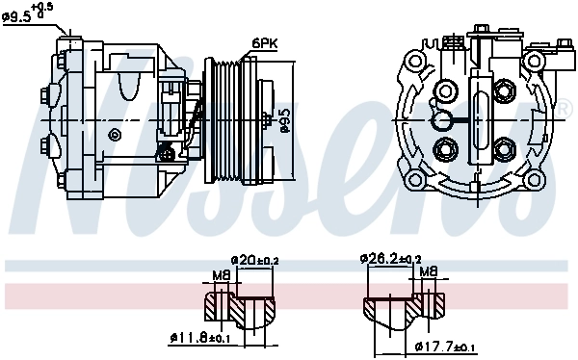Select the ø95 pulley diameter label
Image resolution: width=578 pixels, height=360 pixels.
pos(286,121)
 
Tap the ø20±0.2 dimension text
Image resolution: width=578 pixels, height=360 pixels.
pos(255,260)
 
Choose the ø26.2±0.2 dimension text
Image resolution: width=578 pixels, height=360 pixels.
pos(391,259)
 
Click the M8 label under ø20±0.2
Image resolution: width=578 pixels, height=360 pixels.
pos(221,274)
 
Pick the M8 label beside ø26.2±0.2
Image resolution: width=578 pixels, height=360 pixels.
pos(429,272)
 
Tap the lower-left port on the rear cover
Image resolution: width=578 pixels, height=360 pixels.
pos(445,149)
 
